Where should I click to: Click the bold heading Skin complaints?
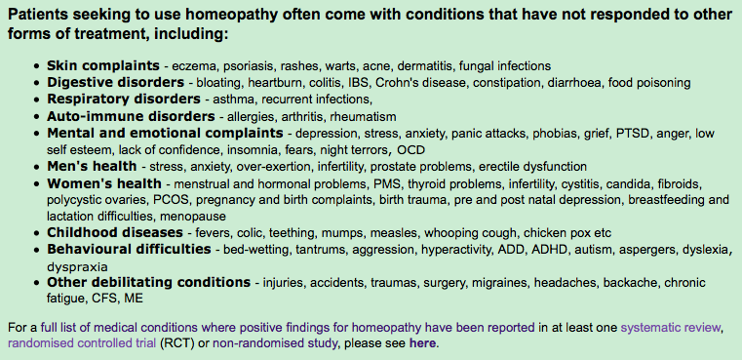[x=103, y=65]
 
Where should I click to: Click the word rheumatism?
[x=363, y=116]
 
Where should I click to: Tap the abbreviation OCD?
[x=411, y=150]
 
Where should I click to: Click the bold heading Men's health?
[x=92, y=166]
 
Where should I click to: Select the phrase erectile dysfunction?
[x=532, y=167]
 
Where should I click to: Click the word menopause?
[x=193, y=217]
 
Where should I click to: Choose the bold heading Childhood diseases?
[x=114, y=232]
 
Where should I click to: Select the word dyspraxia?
[x=77, y=266]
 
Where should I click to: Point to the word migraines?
[x=499, y=283]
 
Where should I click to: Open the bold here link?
[x=422, y=342]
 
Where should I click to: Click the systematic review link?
[x=671, y=327]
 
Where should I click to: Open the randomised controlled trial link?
[x=82, y=343]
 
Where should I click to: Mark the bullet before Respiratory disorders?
[x=37, y=100]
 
